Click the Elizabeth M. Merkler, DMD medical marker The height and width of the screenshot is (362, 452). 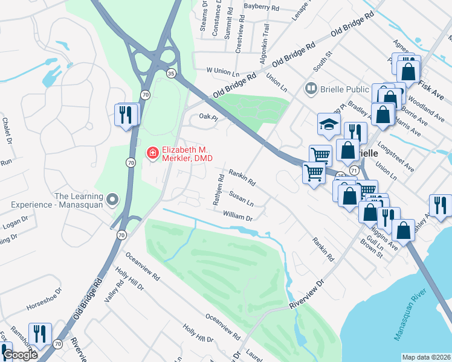(x=152, y=154)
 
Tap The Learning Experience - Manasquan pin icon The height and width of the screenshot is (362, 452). (x=112, y=199)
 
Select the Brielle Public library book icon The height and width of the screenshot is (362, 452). (x=311, y=89)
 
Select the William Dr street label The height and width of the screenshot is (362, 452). (x=237, y=215)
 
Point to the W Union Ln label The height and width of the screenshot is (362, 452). (x=223, y=71)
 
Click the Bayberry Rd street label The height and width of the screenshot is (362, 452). (x=262, y=8)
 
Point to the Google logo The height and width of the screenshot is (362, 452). (x=20, y=355)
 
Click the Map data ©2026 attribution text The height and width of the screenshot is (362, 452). (x=427, y=357)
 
